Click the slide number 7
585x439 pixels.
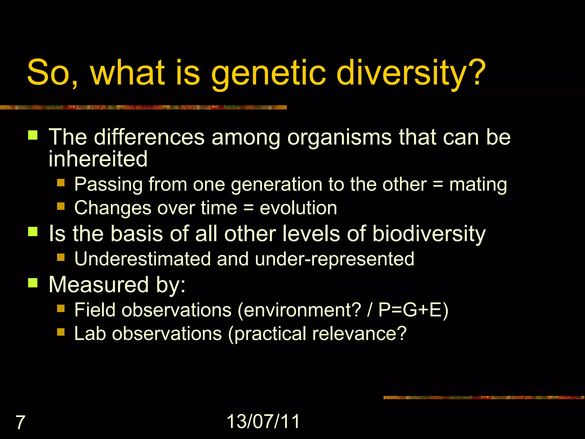20,422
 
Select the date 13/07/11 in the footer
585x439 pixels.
263,421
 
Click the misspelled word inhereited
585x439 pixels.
98,159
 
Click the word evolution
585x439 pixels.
298,208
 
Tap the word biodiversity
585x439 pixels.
429,234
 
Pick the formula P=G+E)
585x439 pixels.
413,310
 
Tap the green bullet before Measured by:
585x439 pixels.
33,283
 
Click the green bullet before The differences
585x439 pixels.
33,135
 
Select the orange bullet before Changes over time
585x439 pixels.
61,206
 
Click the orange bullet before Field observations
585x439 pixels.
61,308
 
